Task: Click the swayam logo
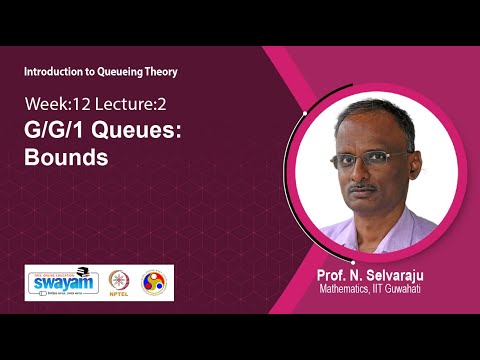pos(63,282)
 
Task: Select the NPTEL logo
pos(121,284)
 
